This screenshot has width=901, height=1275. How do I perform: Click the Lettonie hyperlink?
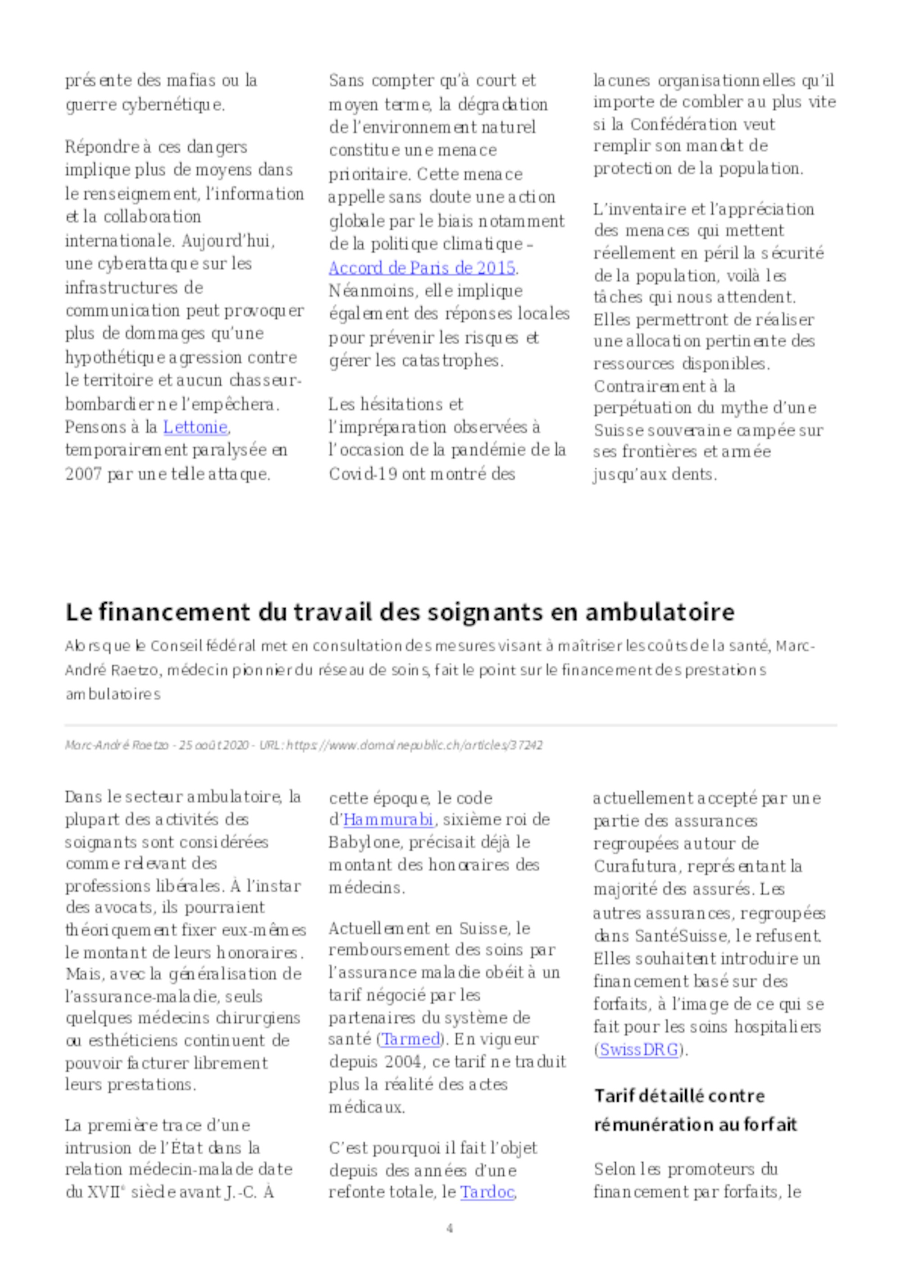195,427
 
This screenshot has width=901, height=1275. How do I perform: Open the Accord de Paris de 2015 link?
422,268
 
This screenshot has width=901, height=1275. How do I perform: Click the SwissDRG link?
639,1050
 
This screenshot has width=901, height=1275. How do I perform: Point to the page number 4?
450,1228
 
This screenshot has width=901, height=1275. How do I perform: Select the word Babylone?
364,842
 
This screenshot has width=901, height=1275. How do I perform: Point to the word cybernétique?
173,105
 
